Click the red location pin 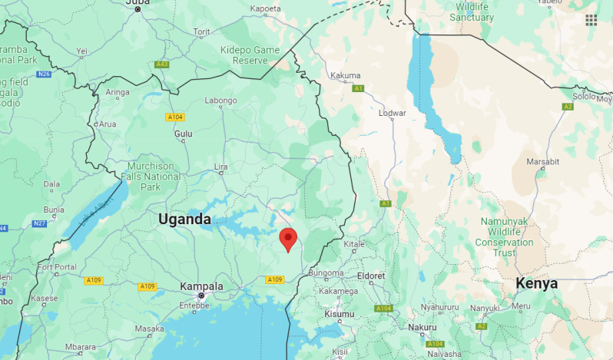(x=288, y=238)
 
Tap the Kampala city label (x=201, y=286)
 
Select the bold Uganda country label (x=184, y=220)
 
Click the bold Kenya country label (x=536, y=283)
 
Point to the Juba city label (x=138, y=2)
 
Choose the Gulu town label (x=184, y=133)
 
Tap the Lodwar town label (x=392, y=113)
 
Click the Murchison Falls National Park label (x=151, y=177)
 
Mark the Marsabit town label (x=543, y=162)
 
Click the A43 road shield (x=161, y=64)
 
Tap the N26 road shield (x=43, y=74)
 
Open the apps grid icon (x=591, y=20)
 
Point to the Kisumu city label (x=340, y=314)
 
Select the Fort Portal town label (x=58, y=267)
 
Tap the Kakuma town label (x=344, y=75)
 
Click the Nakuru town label (x=422, y=327)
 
